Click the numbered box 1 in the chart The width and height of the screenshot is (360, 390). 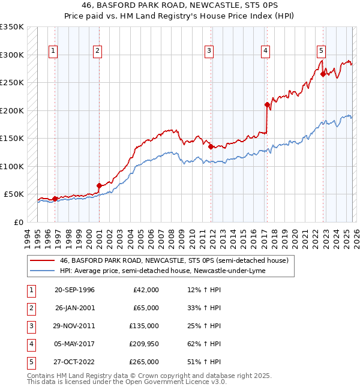(x=53, y=52)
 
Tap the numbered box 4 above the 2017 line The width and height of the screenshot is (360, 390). (x=265, y=52)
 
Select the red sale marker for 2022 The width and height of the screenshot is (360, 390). (x=323, y=74)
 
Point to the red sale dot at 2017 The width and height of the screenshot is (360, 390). (x=267, y=104)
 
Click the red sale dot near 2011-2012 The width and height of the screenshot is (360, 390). (x=211, y=146)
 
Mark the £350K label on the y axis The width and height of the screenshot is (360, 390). (x=12, y=27)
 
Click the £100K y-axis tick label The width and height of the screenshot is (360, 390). (x=12, y=166)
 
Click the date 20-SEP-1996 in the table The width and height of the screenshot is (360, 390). (x=74, y=290)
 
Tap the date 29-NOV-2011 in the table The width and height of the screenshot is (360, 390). (x=74, y=326)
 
